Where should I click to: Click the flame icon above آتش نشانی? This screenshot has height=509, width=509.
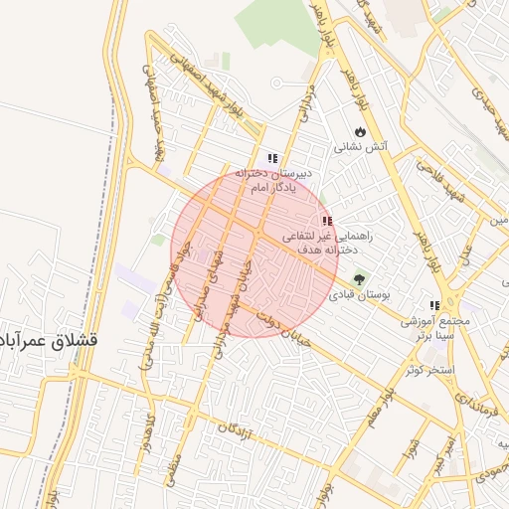coord(359,131)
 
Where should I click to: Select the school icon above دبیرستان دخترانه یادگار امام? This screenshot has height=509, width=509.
coord(272,158)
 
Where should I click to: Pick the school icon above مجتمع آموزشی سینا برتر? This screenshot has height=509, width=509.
coord(433,306)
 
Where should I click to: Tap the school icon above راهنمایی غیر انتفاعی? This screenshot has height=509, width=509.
coord(327,221)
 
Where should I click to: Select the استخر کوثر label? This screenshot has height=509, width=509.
coord(428,371)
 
